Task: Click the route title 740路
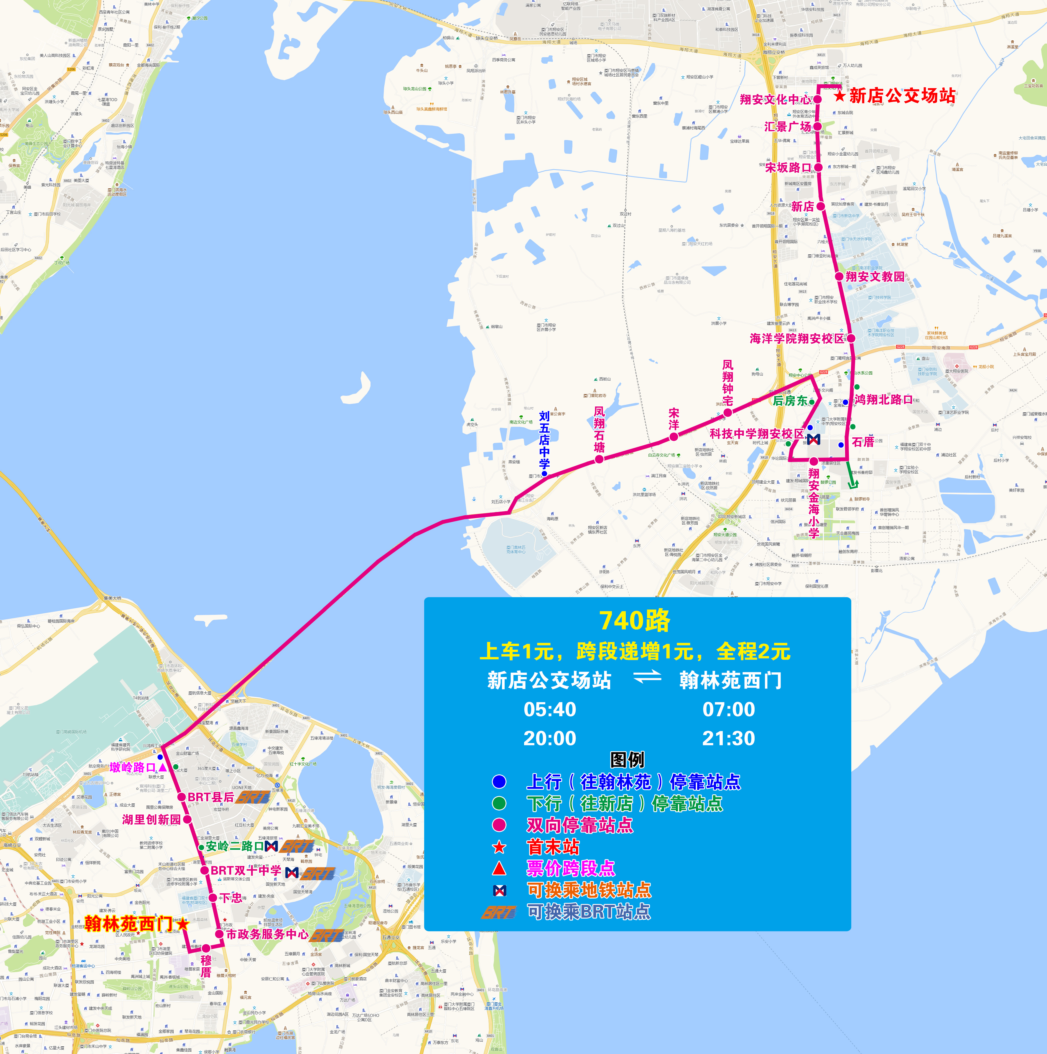tap(635, 620)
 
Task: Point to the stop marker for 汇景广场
tap(817, 126)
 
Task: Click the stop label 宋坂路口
tap(788, 167)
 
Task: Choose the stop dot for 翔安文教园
tap(839, 276)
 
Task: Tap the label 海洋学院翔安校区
tap(796, 339)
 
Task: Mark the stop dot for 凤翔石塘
tap(599, 459)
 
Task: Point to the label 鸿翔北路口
tap(883, 399)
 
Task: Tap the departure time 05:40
tap(549, 709)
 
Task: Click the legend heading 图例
tap(628, 759)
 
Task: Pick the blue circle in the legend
tap(499, 782)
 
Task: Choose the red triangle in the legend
tap(499, 868)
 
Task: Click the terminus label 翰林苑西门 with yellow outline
tap(129, 924)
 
